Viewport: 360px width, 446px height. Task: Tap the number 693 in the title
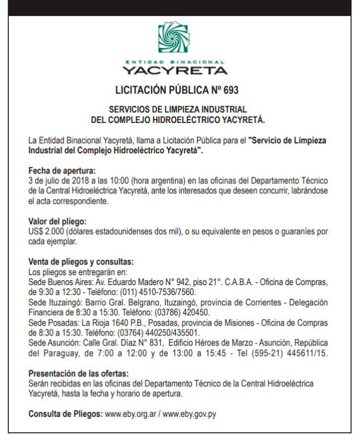click(x=231, y=89)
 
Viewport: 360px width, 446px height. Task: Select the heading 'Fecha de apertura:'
click(x=61, y=171)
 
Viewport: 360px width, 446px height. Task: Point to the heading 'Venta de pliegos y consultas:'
click(x=81, y=263)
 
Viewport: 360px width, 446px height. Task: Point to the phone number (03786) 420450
click(x=193, y=312)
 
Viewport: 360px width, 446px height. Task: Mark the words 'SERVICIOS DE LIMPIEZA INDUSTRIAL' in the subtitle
click(x=178, y=109)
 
